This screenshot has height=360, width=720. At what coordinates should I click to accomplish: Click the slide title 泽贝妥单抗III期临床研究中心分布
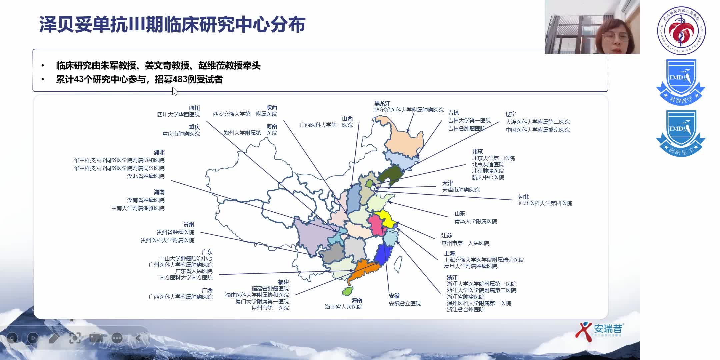pyautogui.click(x=172, y=24)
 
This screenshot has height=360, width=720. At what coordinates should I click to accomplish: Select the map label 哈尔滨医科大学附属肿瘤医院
pyautogui.click(x=409, y=110)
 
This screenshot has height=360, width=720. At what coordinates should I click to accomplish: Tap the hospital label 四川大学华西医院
pyautogui.click(x=178, y=115)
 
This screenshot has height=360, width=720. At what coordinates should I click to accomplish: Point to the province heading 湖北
pyautogui.click(x=159, y=152)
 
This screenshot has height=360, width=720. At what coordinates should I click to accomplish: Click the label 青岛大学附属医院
pyautogui.click(x=476, y=221)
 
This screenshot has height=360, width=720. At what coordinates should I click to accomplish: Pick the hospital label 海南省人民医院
pyautogui.click(x=343, y=307)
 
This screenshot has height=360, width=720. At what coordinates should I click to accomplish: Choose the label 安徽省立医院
pyautogui.click(x=405, y=304)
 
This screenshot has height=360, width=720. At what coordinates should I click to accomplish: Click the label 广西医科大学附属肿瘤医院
pyautogui.click(x=180, y=297)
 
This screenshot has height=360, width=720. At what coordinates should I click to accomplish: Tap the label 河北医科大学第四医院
pyautogui.click(x=545, y=203)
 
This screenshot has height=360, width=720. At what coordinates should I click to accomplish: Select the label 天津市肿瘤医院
pyautogui.click(x=461, y=190)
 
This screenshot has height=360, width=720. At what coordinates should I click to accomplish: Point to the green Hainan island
pyautogui.click(x=347, y=291)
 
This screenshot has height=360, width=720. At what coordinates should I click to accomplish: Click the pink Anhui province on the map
pyautogui.click(x=376, y=225)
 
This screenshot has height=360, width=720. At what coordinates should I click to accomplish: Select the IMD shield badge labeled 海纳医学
pyautogui.click(x=680, y=133)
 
